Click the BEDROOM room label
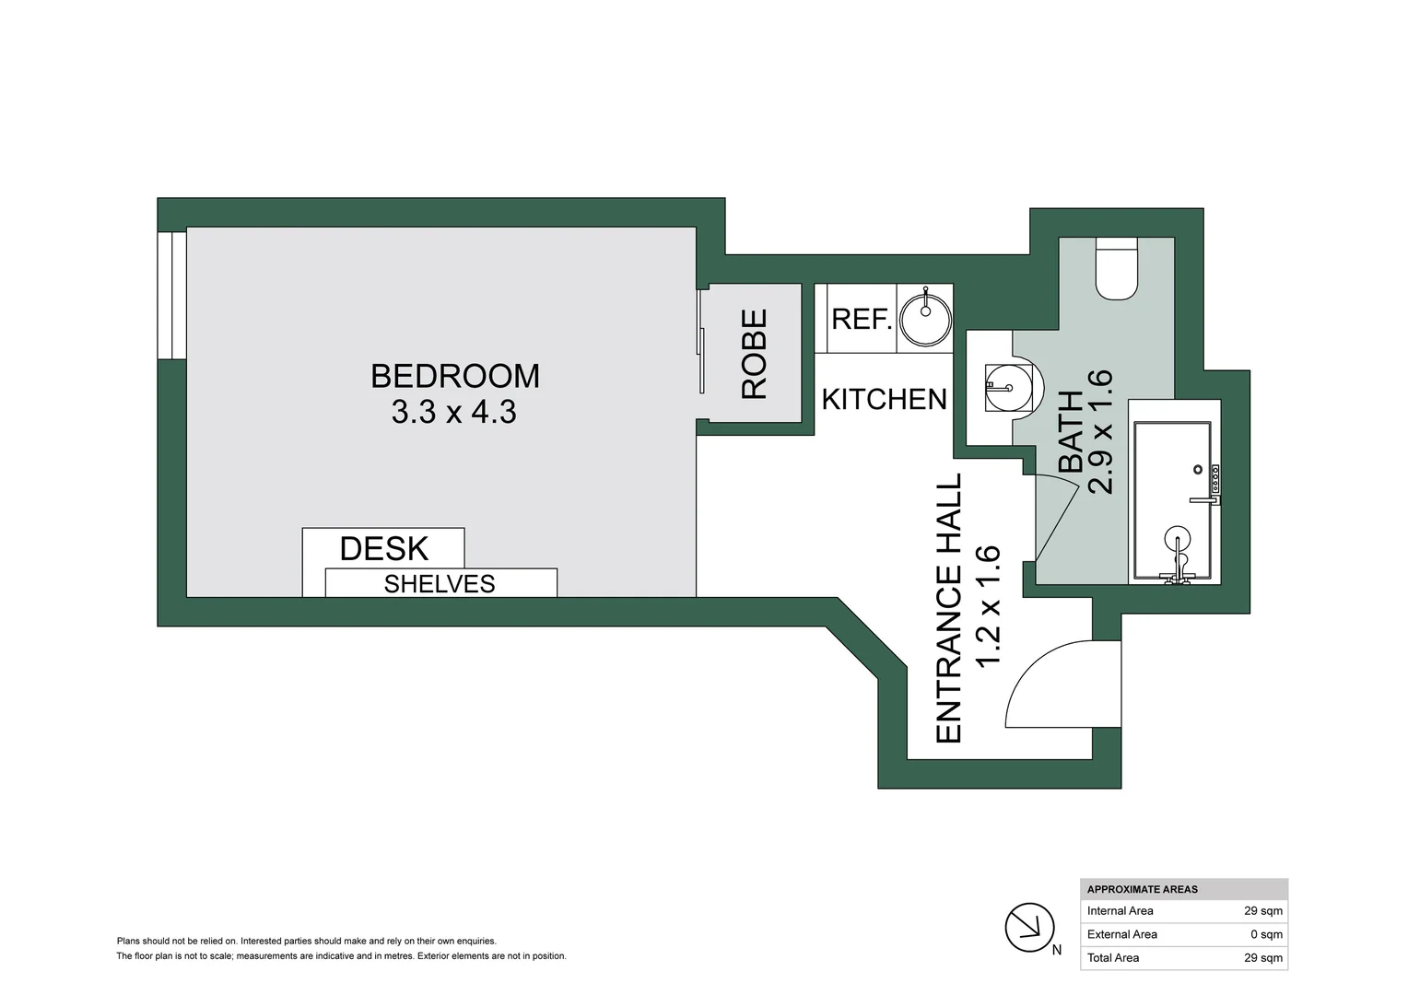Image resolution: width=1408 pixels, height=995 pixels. [x=454, y=376]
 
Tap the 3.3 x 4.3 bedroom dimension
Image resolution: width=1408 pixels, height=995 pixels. [x=453, y=412]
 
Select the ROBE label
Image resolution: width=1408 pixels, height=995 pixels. [x=755, y=354]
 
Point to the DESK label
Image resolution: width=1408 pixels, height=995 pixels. [x=384, y=548]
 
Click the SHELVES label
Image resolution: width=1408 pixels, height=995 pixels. [x=440, y=584]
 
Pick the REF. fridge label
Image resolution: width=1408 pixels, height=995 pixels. [x=862, y=319]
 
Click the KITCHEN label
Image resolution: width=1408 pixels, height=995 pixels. [x=884, y=399]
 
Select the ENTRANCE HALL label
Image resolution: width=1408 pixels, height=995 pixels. [x=949, y=608]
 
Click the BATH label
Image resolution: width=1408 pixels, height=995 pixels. [x=1071, y=431]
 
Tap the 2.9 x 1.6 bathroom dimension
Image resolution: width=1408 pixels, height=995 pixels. [x=1101, y=431]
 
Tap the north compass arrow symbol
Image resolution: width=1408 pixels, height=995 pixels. [x=1029, y=928]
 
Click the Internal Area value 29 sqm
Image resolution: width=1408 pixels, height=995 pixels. [x=1262, y=911]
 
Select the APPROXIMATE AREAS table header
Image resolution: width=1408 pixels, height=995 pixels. [x=1143, y=889]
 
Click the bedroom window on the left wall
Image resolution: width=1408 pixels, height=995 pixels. [x=166, y=295]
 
